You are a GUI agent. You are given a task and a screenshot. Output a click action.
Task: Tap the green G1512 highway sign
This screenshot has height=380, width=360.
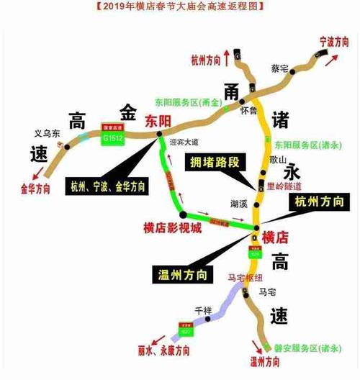click(x=112, y=135)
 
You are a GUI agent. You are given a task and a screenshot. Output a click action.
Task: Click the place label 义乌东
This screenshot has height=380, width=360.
click(x=48, y=132)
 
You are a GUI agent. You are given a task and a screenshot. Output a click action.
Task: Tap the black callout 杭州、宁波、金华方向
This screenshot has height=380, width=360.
click(x=108, y=186)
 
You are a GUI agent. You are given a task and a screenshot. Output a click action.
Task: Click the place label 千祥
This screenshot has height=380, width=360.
click(x=203, y=310)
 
